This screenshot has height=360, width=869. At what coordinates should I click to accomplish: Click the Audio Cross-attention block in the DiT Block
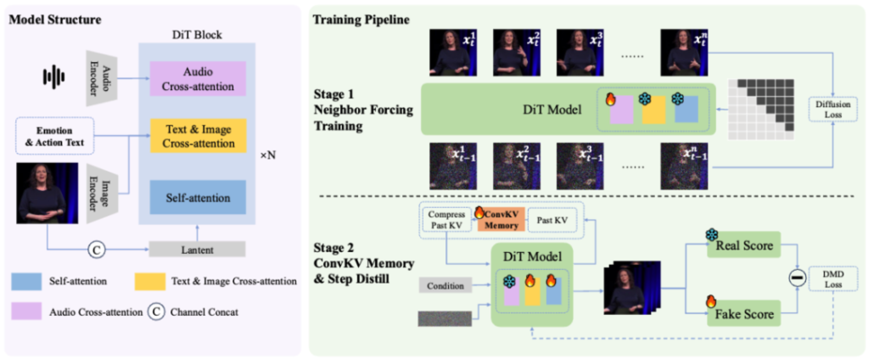click(x=196, y=78)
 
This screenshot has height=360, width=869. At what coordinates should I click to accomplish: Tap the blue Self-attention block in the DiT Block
click(x=196, y=198)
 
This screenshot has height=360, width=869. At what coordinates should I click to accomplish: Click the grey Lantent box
click(x=196, y=249)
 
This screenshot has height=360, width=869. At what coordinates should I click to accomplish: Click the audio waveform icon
click(x=54, y=77)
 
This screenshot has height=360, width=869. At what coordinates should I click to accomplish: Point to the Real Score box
click(x=741, y=245)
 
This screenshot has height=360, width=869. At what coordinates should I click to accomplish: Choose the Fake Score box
click(x=741, y=314)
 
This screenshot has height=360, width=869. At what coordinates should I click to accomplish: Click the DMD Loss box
click(x=835, y=280)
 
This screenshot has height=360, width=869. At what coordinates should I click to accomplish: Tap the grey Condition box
click(x=445, y=285)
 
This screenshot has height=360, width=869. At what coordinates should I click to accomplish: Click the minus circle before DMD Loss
click(x=798, y=279)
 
